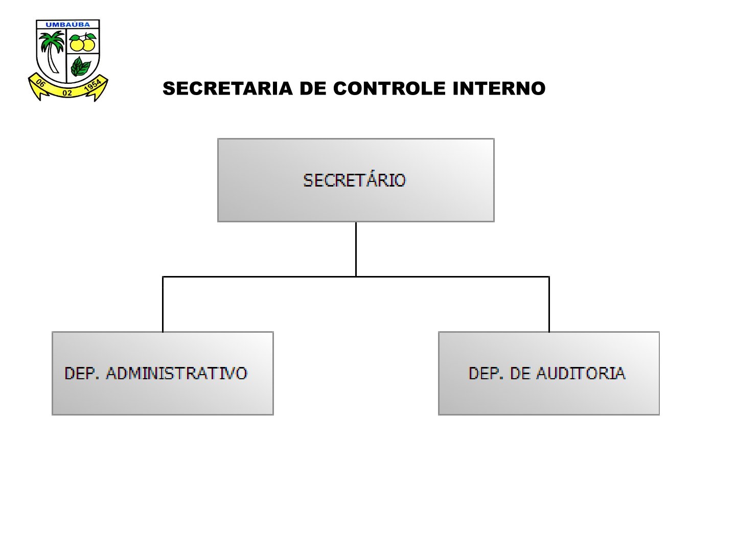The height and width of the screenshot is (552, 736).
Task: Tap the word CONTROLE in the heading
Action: (x=389, y=88)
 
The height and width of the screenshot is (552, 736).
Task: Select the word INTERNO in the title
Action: (x=499, y=88)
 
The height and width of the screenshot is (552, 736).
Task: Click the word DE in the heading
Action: (x=313, y=88)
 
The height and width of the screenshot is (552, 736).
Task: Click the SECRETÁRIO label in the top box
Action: (x=354, y=180)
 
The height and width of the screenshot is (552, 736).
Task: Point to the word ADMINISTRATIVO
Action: (x=177, y=373)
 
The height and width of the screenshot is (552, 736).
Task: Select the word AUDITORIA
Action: (x=581, y=373)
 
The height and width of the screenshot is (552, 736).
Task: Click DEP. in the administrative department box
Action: (x=82, y=373)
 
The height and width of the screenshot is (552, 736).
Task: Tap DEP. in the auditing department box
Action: (x=486, y=373)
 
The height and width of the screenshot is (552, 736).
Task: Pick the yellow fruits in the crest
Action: (x=82, y=42)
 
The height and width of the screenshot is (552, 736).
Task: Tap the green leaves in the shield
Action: (x=80, y=66)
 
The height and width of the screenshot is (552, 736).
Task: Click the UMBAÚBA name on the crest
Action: (x=68, y=25)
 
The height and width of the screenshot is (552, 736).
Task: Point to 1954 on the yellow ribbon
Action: (x=93, y=86)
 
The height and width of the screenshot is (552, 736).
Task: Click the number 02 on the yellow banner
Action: (x=67, y=93)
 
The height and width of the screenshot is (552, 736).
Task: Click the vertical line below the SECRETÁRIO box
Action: (x=356, y=249)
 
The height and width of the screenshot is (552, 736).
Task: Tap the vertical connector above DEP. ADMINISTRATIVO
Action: (x=163, y=304)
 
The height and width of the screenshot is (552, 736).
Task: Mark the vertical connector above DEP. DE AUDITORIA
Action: (x=549, y=304)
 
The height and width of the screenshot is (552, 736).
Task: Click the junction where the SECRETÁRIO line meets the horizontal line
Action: (x=356, y=277)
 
